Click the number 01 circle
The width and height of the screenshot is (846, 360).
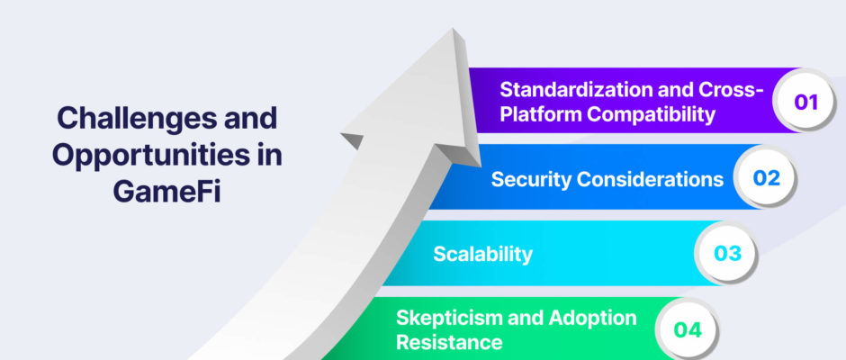tap(805, 101)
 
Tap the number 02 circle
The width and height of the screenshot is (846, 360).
tap(766, 177)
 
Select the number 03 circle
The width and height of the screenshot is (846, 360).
tap(727, 254)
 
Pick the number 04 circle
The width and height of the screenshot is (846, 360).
tap(687, 329)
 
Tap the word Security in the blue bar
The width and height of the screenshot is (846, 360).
tap(531, 179)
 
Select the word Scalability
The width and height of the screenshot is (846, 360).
tap(483, 254)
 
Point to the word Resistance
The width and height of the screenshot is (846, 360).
tap(449, 342)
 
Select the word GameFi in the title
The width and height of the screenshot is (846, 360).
tap(167, 193)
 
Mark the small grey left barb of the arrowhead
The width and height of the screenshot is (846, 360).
tap(352, 139)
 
